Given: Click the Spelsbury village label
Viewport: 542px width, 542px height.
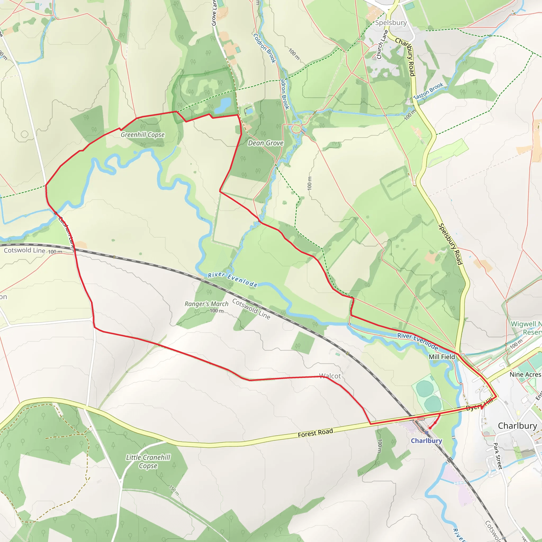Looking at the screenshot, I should (x=391, y=23).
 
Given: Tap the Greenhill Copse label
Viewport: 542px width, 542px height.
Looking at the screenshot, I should (x=143, y=135).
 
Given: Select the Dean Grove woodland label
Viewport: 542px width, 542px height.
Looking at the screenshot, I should (x=265, y=143).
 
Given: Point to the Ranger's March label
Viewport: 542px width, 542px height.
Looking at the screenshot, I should (x=206, y=304).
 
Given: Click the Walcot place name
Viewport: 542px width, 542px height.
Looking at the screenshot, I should (x=330, y=376).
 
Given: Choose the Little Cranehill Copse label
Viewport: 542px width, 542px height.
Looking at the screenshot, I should (x=148, y=462).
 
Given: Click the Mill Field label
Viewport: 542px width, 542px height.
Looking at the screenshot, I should (x=442, y=357).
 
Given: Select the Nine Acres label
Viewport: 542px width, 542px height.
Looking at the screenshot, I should (x=525, y=374).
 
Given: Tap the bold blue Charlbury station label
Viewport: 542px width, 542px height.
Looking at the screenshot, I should (x=426, y=441).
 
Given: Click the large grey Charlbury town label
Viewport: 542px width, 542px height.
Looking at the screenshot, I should (x=517, y=426).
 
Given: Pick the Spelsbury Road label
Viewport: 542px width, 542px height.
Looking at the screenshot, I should (x=450, y=244).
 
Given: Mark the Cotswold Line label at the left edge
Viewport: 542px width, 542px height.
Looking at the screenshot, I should (x=24, y=250).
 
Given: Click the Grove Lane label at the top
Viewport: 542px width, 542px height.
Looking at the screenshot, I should (x=214, y=13).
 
